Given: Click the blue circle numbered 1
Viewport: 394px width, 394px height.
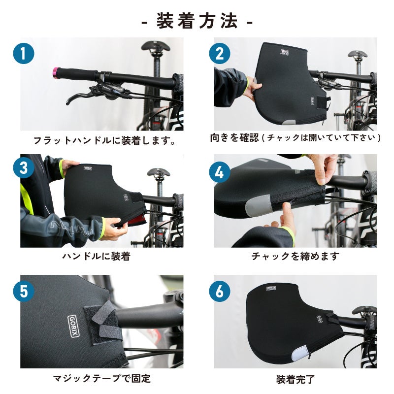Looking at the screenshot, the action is point(23,54).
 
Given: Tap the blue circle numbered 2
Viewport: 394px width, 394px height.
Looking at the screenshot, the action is point(220,54).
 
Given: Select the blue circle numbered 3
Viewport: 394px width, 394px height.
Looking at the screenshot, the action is point(23,167).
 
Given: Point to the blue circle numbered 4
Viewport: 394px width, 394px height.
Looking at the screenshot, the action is point(220,172).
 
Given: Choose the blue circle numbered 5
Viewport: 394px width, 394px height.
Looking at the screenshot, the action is point(23,291).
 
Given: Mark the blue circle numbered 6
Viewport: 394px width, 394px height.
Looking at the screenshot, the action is point(220,291).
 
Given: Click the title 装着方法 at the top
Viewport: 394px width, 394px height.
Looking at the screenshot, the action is point(197,21).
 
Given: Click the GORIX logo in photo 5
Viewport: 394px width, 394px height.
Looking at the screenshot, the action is point(74,326).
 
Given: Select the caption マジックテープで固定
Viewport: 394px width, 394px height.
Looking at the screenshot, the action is point(102,378).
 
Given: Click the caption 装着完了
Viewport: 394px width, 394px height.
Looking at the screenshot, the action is point(295,379).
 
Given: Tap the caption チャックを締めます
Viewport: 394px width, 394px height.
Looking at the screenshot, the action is point(295,256).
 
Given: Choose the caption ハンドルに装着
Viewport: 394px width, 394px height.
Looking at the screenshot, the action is point(96,256).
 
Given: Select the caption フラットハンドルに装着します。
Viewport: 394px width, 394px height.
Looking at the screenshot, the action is point(104,140).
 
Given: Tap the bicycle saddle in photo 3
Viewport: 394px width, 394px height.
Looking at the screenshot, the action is point(158,173).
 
